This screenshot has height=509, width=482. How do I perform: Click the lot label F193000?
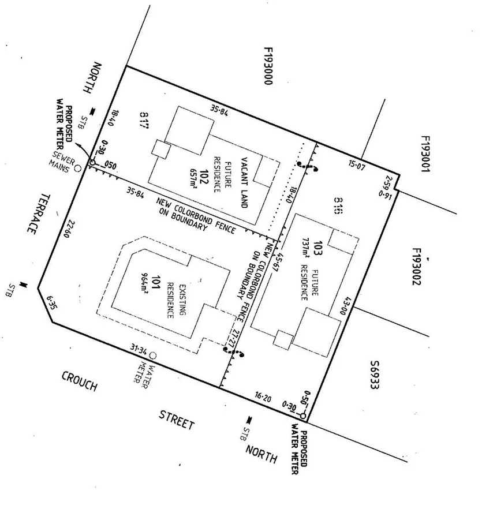point(267,66)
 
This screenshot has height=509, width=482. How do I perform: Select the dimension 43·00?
point(348,305)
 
